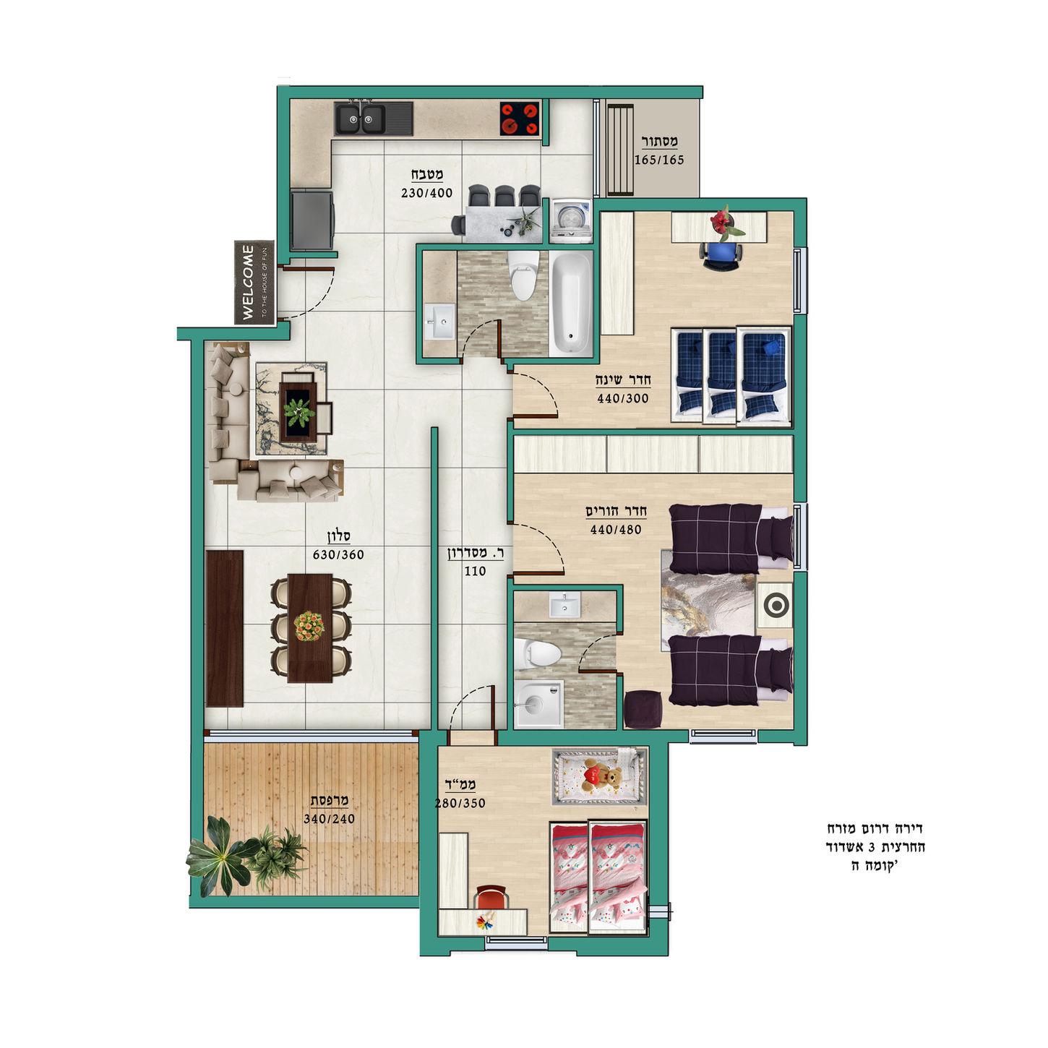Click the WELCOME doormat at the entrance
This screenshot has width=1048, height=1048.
click(x=254, y=283)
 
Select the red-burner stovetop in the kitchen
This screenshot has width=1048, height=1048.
click(x=520, y=118)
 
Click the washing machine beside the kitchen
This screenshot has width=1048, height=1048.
click(x=570, y=220)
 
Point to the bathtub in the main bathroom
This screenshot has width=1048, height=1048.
click(x=570, y=304)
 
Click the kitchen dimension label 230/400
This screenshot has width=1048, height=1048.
click(x=426, y=193)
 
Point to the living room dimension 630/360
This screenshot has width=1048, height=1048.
click(x=338, y=555)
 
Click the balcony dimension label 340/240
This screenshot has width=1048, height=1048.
click(x=329, y=819)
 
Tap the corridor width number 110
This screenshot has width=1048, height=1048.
click(x=475, y=572)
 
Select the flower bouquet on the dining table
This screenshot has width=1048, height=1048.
click(x=309, y=626)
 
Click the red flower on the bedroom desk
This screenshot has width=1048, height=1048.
click(x=723, y=222)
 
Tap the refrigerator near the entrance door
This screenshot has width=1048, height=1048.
click(x=312, y=220)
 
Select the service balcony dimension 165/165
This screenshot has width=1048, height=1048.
click(x=658, y=160)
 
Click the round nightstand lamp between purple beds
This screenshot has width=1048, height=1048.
click(x=775, y=605)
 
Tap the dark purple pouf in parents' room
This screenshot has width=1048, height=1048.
click(x=643, y=709)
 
